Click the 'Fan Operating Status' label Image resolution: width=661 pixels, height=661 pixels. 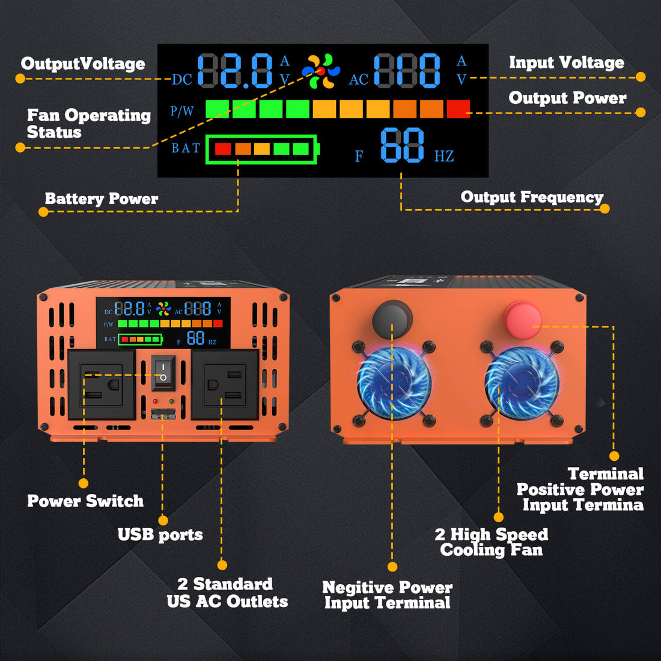point(88,124)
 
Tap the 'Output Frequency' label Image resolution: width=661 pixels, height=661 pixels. point(532,197)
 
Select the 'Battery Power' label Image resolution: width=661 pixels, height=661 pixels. point(102,199)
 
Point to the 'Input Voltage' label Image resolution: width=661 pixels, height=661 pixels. point(566,62)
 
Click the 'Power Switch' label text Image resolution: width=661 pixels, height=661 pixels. point(85,501)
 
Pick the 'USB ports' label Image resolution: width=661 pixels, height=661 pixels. point(160,535)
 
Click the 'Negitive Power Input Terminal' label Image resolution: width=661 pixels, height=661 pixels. point(387,595)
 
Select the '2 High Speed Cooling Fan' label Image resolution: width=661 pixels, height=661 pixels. point(491,542)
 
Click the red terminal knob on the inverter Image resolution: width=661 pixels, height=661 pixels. point(523,320)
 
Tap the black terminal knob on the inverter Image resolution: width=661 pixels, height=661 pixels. point(392,318)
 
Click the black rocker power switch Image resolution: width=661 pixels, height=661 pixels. point(163,372)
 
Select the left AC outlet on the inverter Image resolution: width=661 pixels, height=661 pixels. point(102,385)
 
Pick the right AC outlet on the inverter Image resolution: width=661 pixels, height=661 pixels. point(225,385)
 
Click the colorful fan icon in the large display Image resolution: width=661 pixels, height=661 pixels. point(321,71)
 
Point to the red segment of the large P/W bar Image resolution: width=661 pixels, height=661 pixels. point(458,109)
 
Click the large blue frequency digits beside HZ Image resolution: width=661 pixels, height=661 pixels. point(403,145)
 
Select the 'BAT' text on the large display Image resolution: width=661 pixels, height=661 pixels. point(185,148)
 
